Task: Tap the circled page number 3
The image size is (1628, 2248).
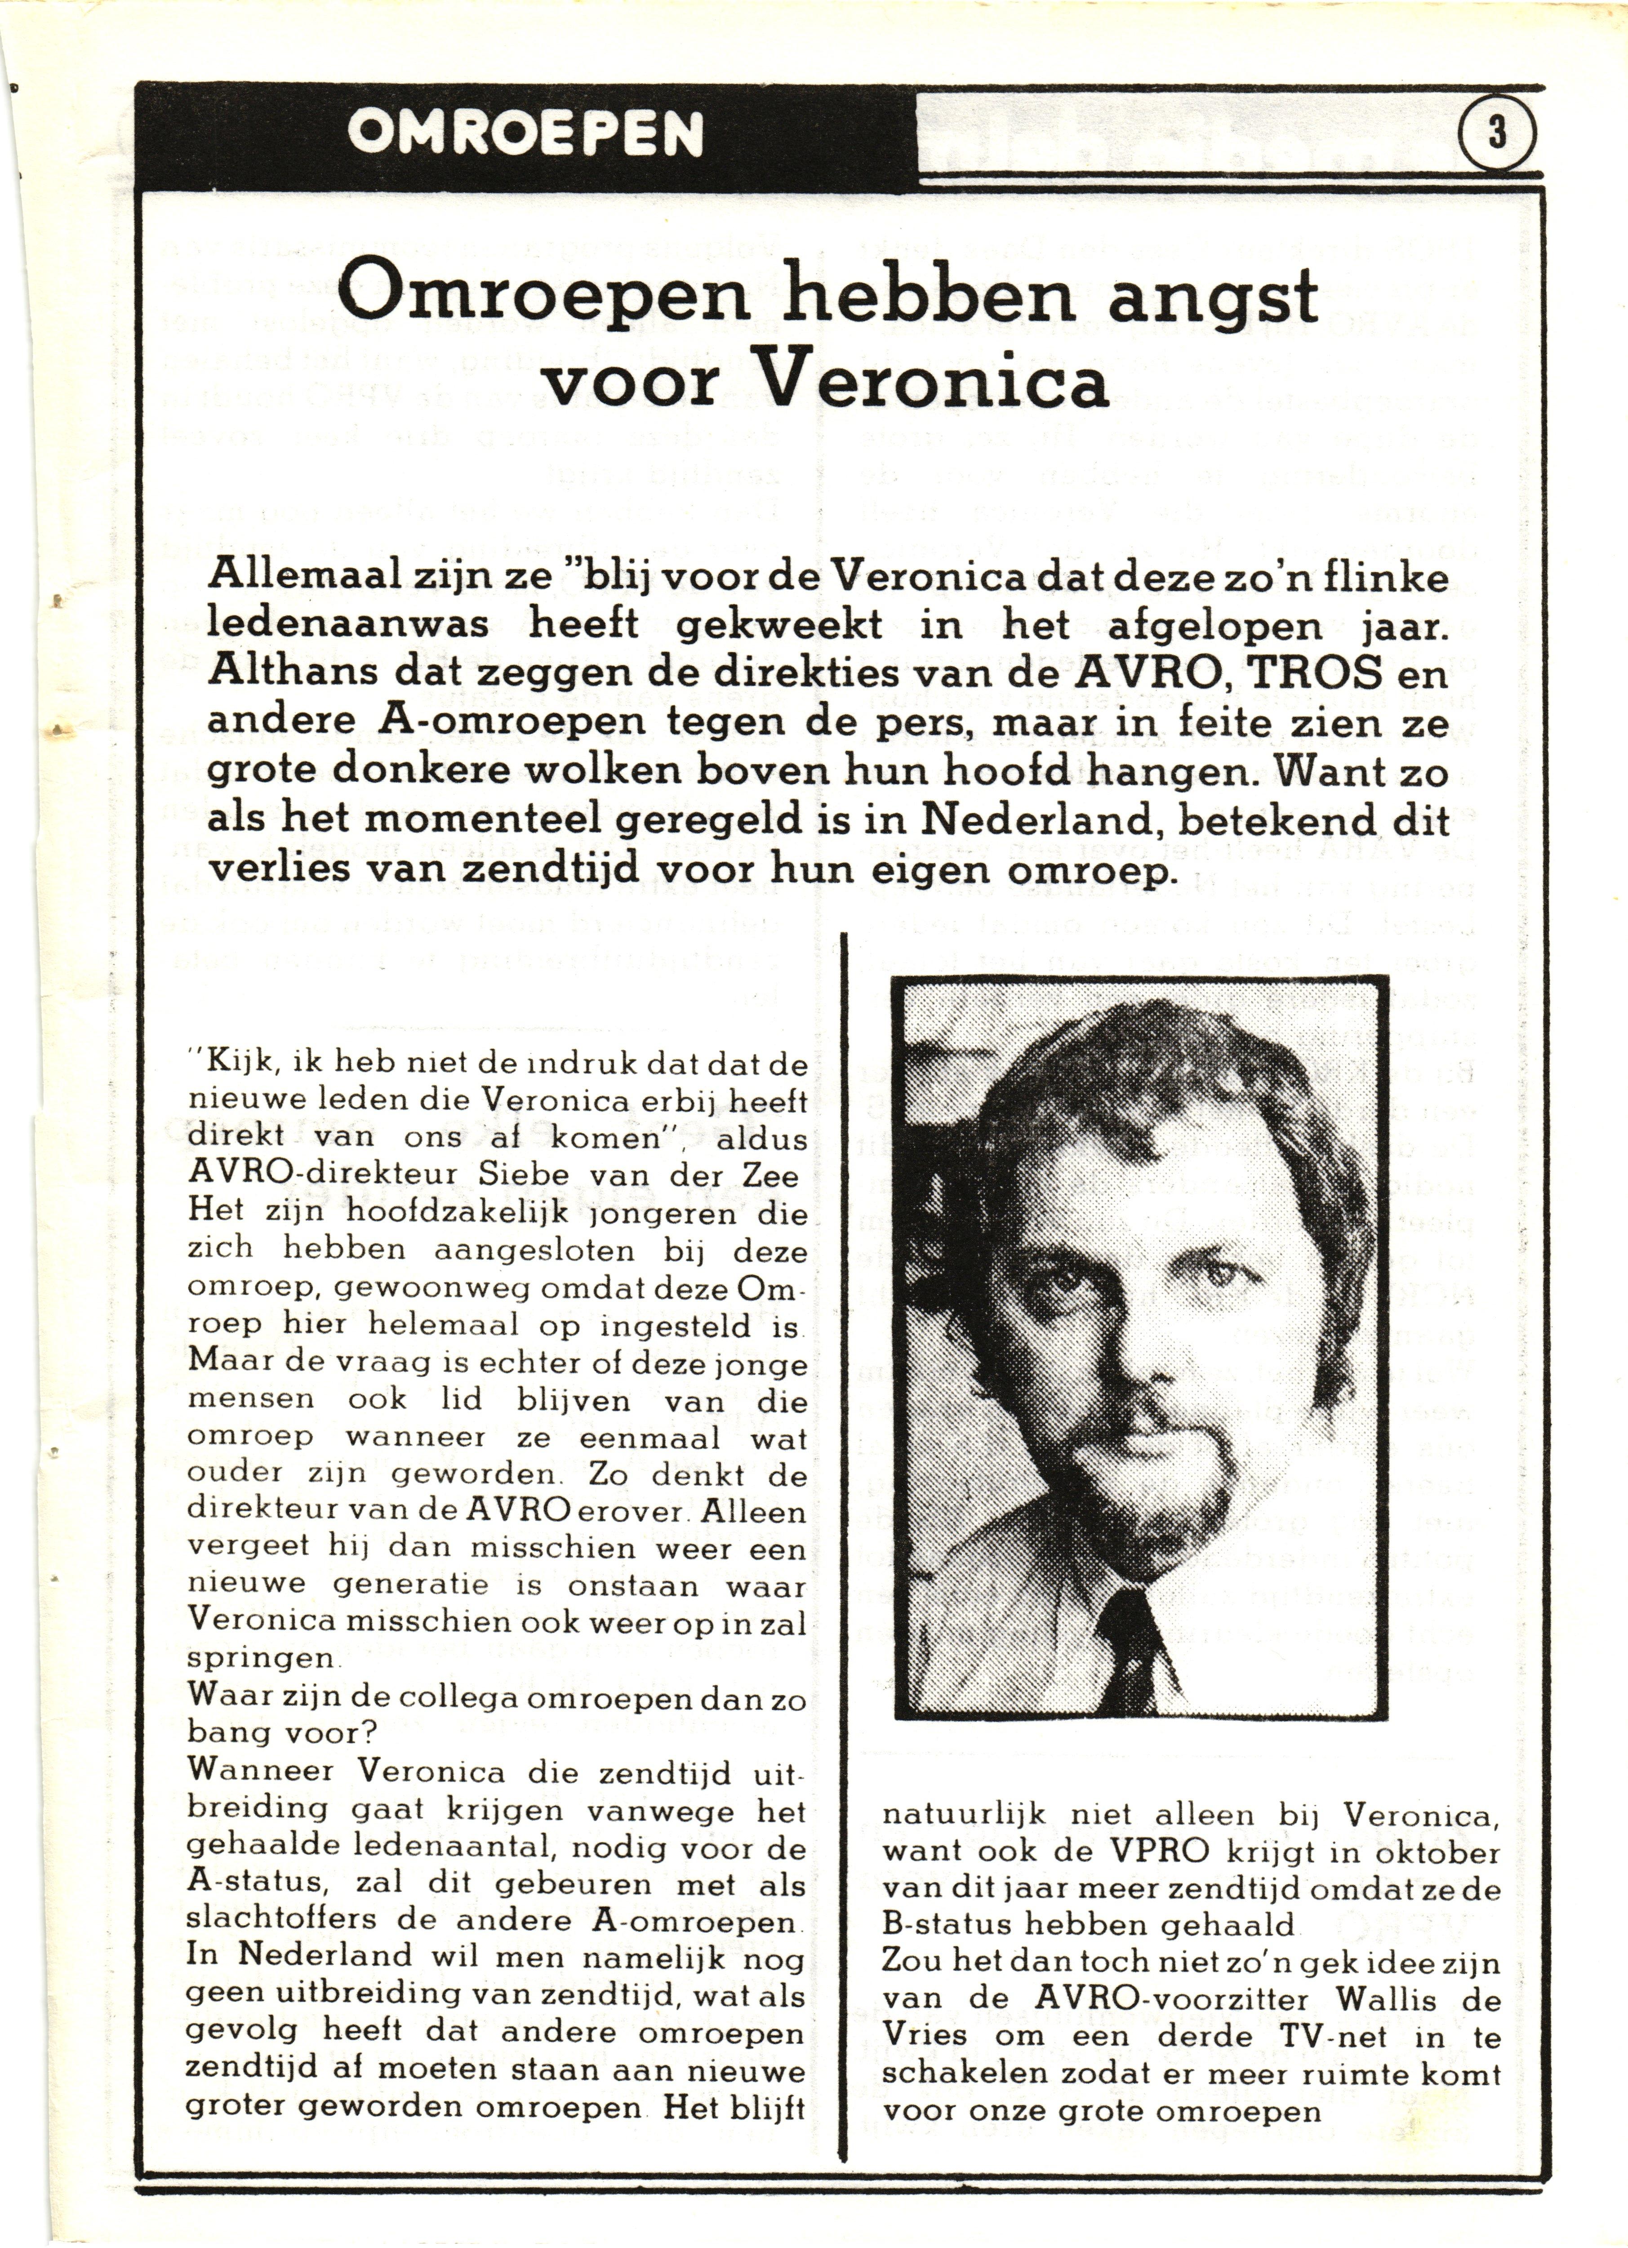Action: [x=1496, y=133]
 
